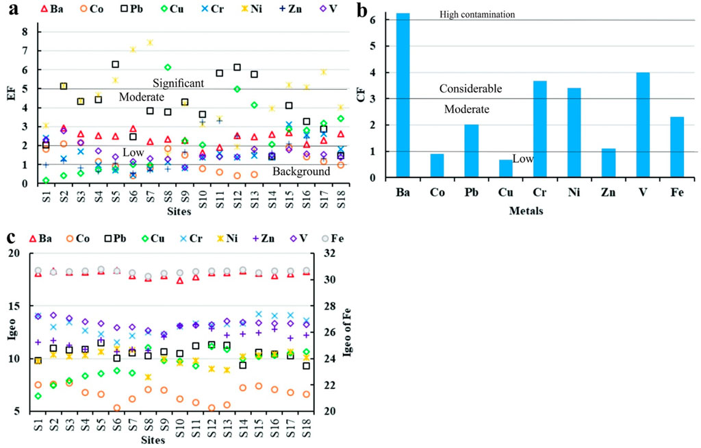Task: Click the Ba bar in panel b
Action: (403, 96)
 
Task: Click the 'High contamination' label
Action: (477, 14)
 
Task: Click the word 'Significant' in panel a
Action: (178, 83)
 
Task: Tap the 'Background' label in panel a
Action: (302, 172)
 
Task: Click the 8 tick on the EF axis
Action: (25, 32)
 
